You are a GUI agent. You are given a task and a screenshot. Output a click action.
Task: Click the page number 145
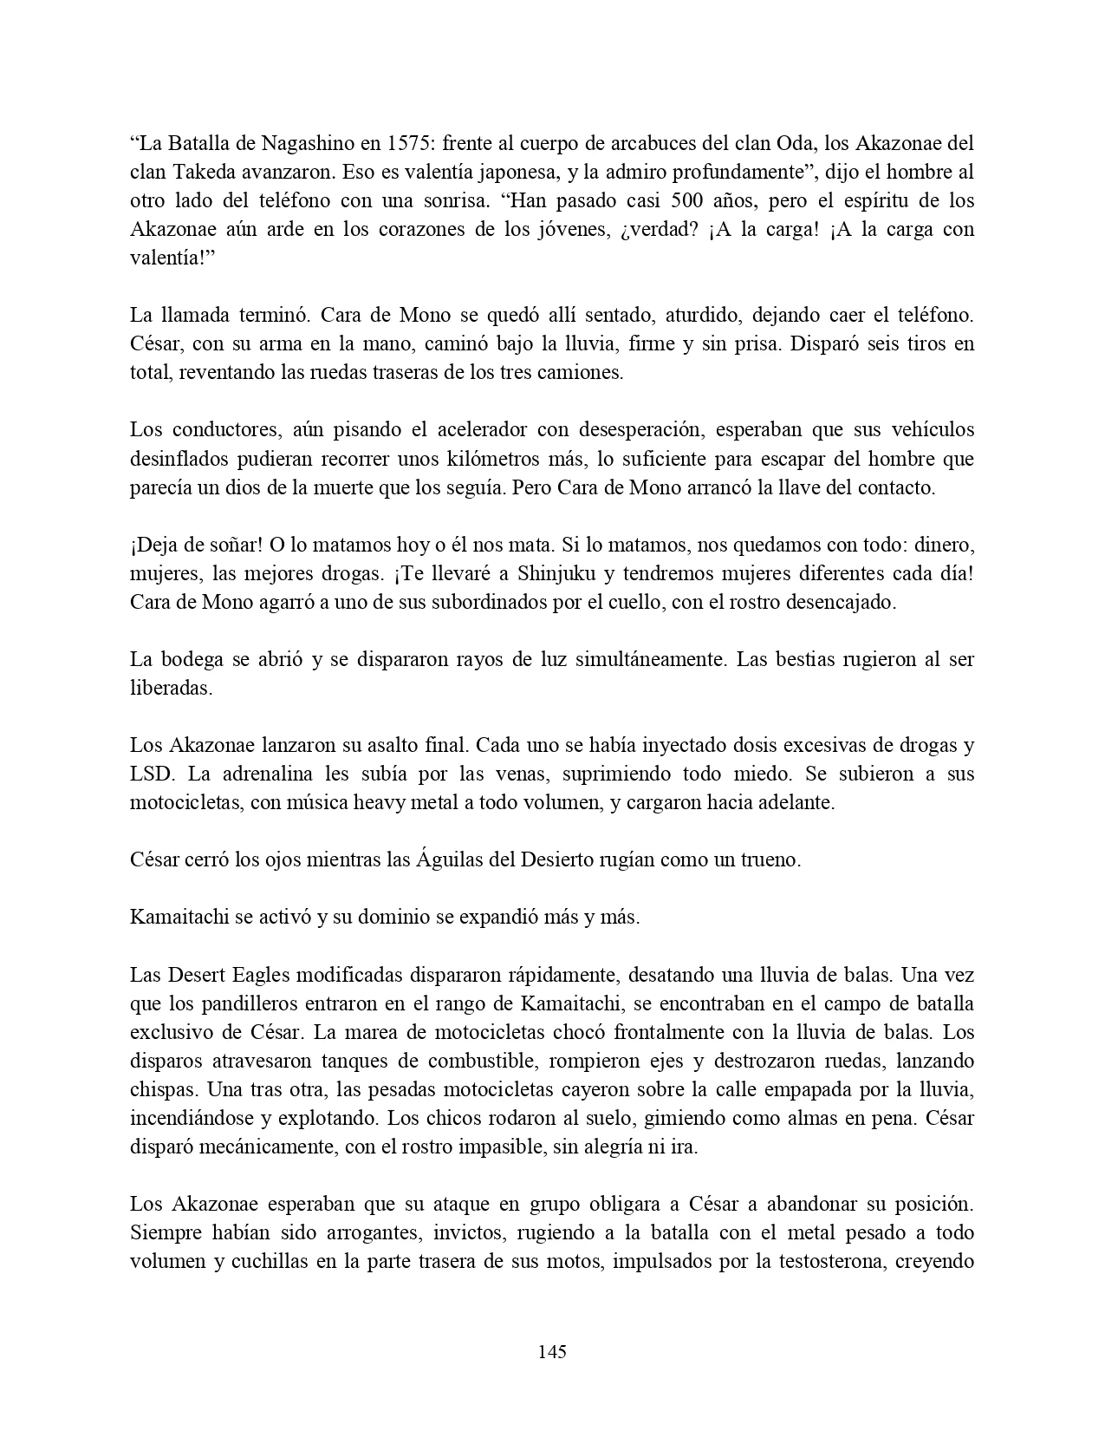coord(552,1352)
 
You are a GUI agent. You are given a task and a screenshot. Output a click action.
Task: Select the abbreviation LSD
coord(147,774)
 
